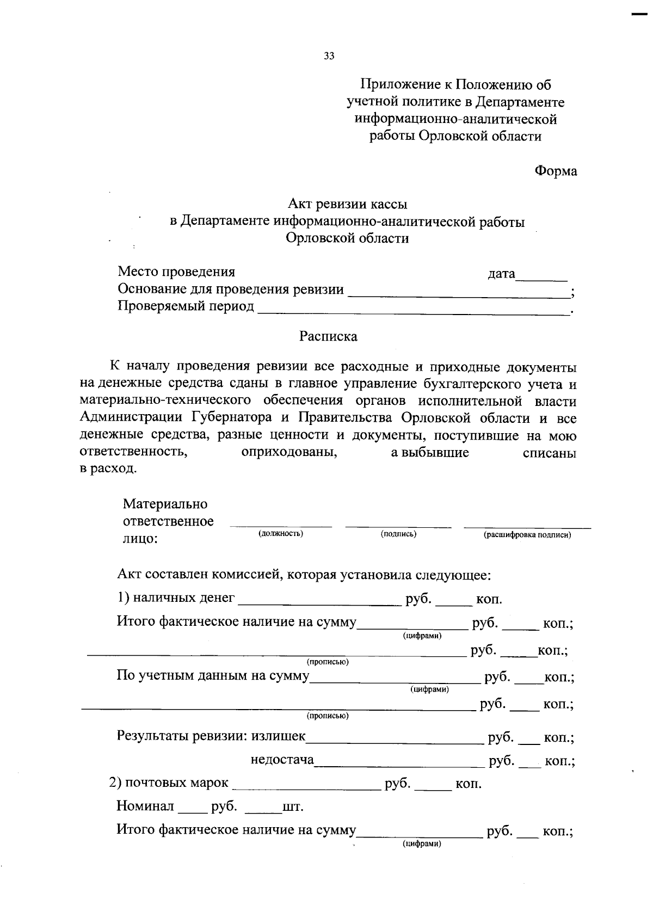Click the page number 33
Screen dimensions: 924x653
[329, 56]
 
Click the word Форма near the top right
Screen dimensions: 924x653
[555, 171]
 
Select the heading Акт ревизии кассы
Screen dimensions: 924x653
[347, 204]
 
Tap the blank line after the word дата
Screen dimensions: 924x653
[541, 278]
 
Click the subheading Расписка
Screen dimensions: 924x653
[328, 336]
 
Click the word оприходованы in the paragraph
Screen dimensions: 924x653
[289, 453]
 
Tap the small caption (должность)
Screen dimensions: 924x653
[280, 534]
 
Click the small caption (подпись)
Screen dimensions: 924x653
[398, 534]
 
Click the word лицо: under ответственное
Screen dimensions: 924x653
[140, 539]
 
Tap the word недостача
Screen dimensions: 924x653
[282, 760]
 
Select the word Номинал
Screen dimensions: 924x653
[145, 806]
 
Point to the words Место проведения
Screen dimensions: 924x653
[176, 272]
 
